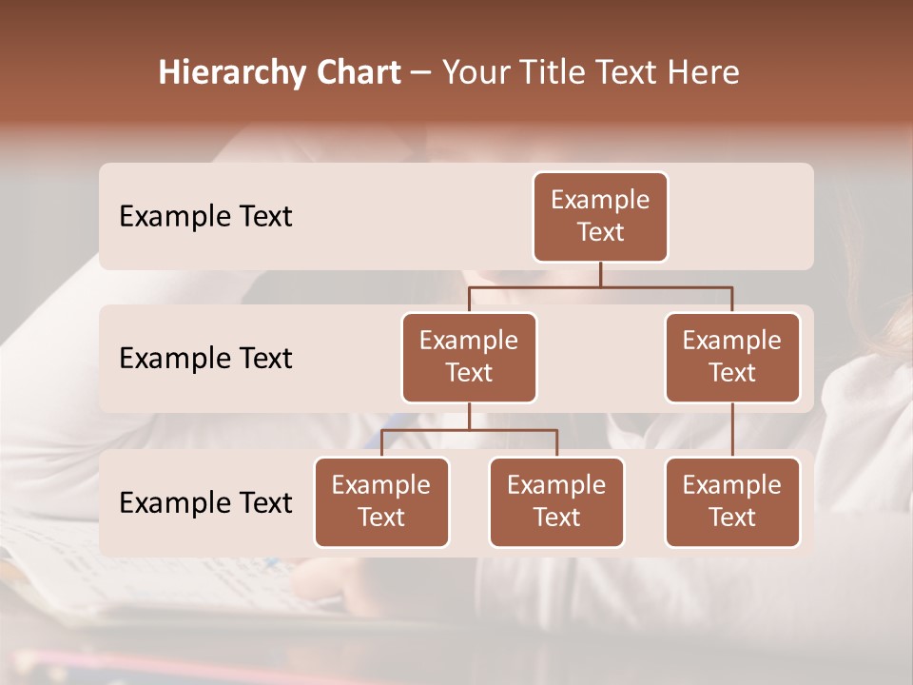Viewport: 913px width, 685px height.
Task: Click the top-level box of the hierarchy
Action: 600,217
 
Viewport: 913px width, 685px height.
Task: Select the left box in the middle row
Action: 469,358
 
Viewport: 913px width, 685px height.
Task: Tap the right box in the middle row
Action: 732,358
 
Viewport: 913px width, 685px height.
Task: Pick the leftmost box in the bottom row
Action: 381,502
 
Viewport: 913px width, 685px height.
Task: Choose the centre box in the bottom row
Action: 556,502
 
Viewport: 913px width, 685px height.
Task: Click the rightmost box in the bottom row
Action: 732,502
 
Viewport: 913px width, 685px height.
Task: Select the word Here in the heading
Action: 704,73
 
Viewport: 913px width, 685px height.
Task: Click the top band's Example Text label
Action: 205,217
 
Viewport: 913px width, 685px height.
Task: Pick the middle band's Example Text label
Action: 205,359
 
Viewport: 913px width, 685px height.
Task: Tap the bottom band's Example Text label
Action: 205,503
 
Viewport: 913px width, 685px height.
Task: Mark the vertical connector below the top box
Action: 600,274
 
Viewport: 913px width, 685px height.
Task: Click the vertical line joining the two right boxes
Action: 732,430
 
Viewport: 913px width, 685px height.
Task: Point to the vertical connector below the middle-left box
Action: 469,417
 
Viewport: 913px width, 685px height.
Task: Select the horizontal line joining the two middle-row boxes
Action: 600,286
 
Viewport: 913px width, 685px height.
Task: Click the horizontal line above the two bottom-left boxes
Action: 469,430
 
